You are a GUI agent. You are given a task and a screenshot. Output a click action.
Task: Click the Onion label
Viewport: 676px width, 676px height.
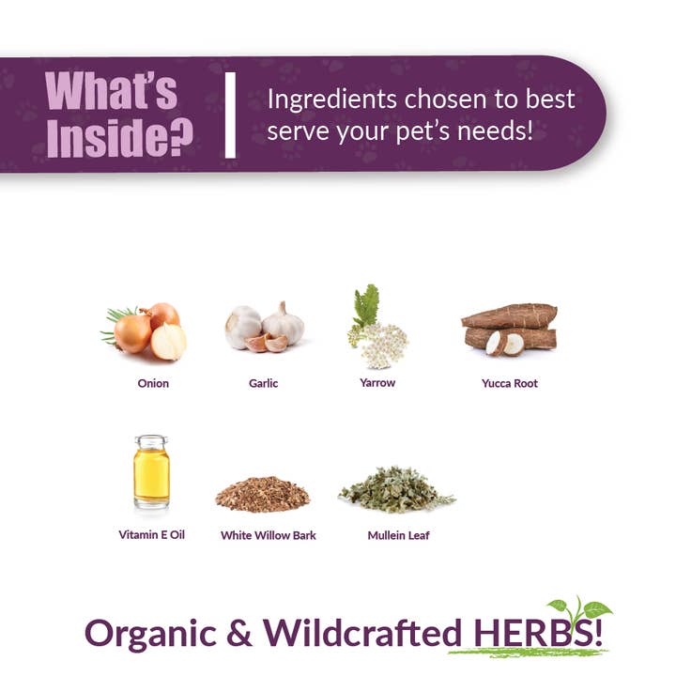pyautogui.click(x=153, y=383)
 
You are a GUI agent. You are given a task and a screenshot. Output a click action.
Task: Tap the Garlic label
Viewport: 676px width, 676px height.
pyautogui.click(x=264, y=383)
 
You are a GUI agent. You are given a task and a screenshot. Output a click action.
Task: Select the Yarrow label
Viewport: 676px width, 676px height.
pyautogui.click(x=377, y=382)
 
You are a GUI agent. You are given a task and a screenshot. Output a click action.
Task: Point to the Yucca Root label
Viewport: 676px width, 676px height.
pyautogui.click(x=509, y=383)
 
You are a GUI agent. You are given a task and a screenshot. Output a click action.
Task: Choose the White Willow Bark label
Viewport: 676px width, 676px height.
pyautogui.click(x=269, y=535)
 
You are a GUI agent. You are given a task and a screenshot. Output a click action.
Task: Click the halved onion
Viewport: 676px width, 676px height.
pyautogui.click(x=169, y=342)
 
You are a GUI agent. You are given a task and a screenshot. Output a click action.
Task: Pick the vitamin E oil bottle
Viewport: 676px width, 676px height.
pyautogui.click(x=151, y=472)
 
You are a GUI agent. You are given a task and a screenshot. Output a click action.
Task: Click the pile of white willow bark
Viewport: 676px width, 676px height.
pyautogui.click(x=262, y=494)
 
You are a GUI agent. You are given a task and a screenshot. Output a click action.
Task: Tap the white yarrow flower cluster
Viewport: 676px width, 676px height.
pyautogui.click(x=379, y=346)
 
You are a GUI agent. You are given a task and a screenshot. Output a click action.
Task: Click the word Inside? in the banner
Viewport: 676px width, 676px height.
pyautogui.click(x=119, y=137)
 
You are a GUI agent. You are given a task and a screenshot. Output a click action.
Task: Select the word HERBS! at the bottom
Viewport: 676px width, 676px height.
pyautogui.click(x=539, y=632)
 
